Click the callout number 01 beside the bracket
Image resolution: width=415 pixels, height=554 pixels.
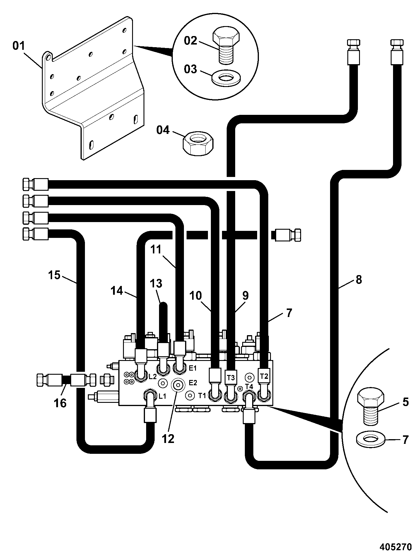(x=19, y=46)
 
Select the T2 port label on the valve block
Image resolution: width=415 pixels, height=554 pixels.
(x=264, y=376)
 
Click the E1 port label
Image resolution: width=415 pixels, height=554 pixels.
(x=193, y=368)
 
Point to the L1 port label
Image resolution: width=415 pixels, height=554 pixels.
(x=163, y=396)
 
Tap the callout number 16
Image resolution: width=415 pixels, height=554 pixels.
(x=60, y=403)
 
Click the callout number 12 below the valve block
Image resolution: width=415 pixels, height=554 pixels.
(x=168, y=439)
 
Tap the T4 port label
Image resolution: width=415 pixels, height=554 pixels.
(x=249, y=386)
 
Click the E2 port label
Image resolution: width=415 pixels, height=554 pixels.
(x=193, y=382)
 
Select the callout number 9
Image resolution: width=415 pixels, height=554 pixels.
(x=245, y=295)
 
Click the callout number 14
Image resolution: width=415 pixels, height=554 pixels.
(x=117, y=291)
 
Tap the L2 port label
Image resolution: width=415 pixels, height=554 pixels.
(x=153, y=377)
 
